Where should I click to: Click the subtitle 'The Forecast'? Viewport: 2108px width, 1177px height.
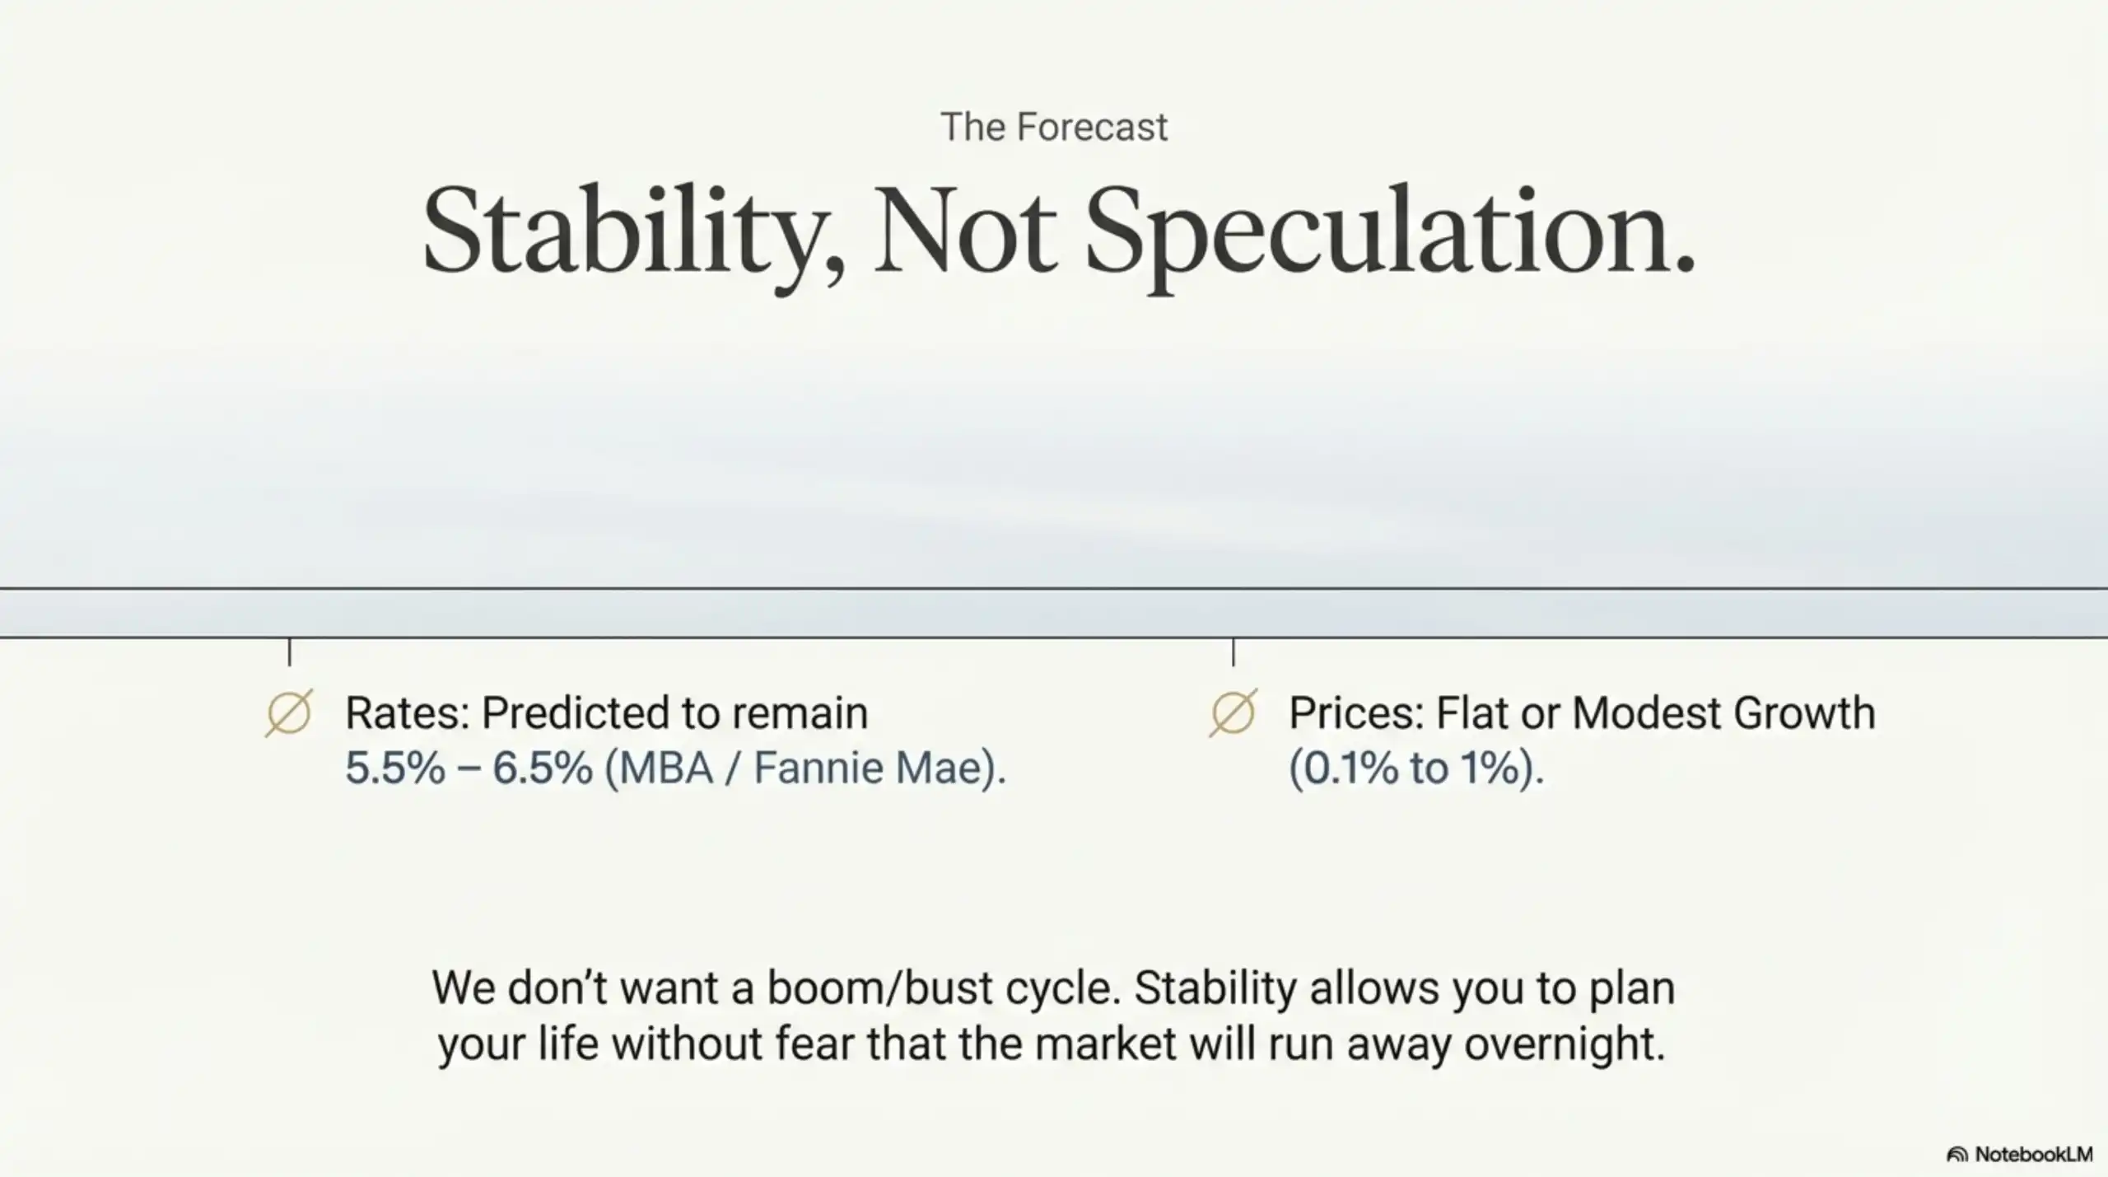(x=1053, y=128)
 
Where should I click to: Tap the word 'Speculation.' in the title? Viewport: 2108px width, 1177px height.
(x=1390, y=234)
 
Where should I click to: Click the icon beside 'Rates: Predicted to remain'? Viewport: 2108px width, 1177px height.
(x=289, y=712)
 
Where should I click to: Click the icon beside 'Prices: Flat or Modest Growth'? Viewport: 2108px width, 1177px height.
(x=1233, y=712)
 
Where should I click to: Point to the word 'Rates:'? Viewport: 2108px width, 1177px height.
(x=407, y=713)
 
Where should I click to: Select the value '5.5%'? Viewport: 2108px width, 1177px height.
(x=394, y=768)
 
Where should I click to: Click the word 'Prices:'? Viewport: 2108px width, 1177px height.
(x=1356, y=713)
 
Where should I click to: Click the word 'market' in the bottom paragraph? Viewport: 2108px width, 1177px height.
(x=1106, y=1044)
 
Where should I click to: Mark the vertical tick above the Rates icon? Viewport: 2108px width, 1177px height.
(x=289, y=652)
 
